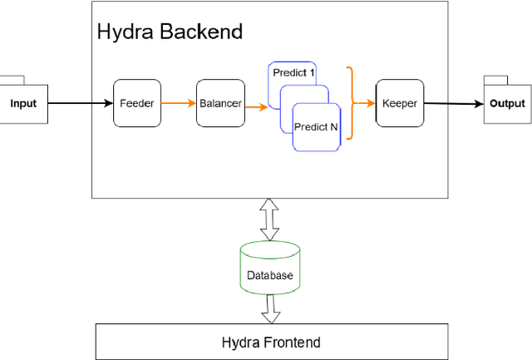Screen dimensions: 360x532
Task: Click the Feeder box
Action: tap(136, 103)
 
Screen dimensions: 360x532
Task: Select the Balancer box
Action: tap(220, 103)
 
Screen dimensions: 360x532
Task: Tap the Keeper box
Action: tap(400, 103)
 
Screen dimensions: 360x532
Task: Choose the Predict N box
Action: tap(316, 127)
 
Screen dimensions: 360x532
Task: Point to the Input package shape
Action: tap(23, 104)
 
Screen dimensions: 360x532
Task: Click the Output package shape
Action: tap(507, 104)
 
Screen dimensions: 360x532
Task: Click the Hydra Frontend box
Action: tap(270, 342)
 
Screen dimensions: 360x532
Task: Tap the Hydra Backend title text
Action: tap(170, 32)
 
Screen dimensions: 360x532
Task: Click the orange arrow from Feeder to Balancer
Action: tap(178, 103)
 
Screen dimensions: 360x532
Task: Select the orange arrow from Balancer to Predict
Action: tap(256, 106)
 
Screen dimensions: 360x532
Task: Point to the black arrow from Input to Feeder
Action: tap(80, 103)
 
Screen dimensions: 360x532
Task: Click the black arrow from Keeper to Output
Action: tap(454, 104)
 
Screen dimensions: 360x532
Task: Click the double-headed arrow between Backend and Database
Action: tap(270, 219)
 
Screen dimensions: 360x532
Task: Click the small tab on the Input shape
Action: tap(12, 79)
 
